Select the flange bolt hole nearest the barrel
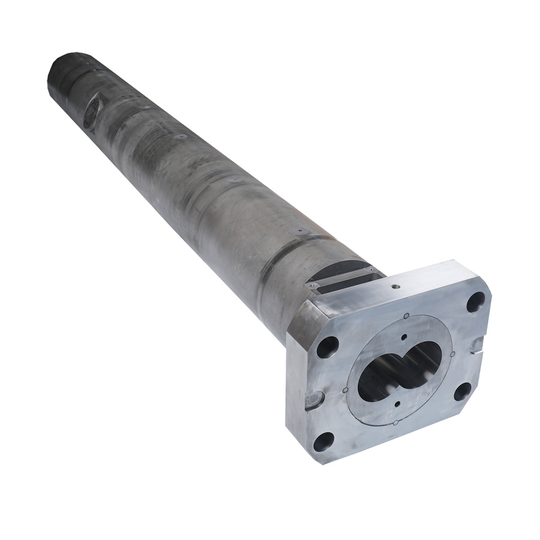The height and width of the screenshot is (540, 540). tap(328, 346)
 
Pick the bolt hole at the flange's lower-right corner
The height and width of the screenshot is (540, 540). tap(462, 391)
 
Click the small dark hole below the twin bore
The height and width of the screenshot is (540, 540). tap(398, 404)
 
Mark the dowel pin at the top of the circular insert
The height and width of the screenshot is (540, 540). tap(407, 315)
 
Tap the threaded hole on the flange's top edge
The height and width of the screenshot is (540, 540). tap(395, 286)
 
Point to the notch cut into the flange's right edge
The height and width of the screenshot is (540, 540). tap(478, 344)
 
